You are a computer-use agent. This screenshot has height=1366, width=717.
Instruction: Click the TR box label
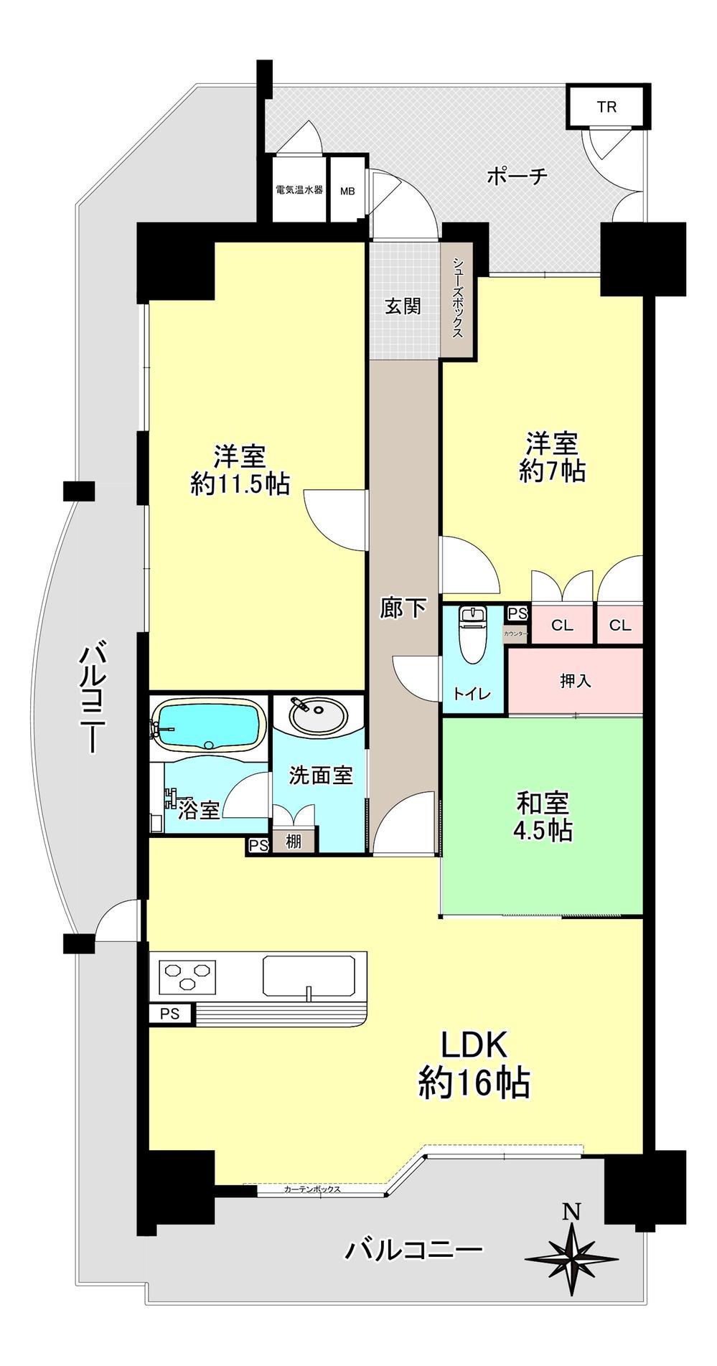point(606,107)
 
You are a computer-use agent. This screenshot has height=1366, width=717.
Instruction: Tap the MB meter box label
point(347,192)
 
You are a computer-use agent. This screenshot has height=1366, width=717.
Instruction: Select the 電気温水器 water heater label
point(299,190)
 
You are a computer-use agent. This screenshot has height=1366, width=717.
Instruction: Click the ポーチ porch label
point(517,176)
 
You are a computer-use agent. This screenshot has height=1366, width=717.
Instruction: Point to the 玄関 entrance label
point(403,306)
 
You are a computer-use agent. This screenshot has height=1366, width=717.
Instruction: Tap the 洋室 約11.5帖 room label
point(240,470)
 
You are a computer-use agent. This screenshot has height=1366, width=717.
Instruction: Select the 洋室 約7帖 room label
point(552,456)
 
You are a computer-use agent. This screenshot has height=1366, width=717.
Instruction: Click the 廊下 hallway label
point(403,609)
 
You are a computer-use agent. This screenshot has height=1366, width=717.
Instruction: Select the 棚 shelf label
point(294,840)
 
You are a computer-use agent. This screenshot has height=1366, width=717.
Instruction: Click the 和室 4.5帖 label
point(543,816)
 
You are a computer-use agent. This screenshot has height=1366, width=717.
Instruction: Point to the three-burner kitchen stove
point(190,976)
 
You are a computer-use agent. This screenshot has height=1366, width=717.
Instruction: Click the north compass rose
point(571,1260)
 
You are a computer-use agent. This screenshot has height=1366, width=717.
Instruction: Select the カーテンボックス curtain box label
point(311,1189)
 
